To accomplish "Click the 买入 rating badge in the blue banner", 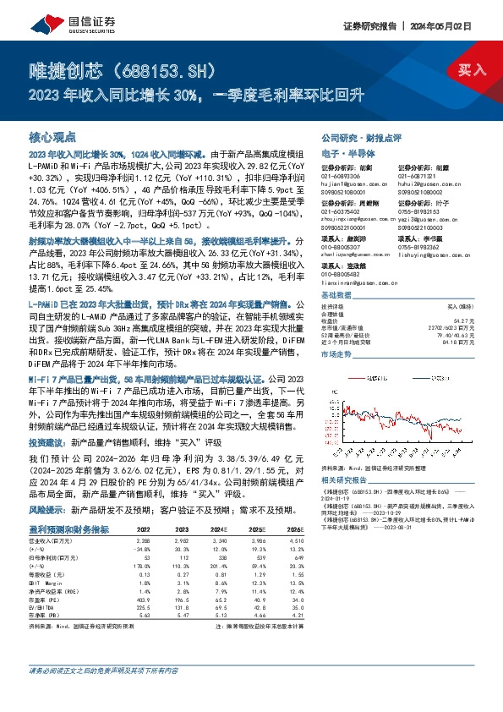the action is pyautogui.click(x=472, y=70).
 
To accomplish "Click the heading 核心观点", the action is pyautogui.click(x=52, y=136).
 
